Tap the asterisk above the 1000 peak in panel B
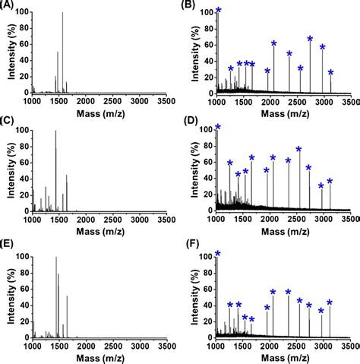[x=219, y=11]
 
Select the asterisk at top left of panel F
[x=218, y=254]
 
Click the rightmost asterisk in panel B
[x=330, y=73]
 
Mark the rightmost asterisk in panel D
[x=330, y=182]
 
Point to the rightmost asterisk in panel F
[x=330, y=302]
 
